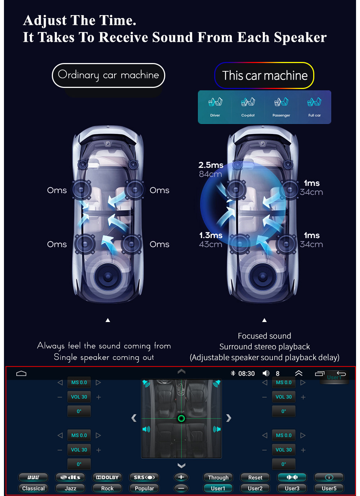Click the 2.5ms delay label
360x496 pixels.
click(x=211, y=165)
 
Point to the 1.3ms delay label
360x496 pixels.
click(x=211, y=235)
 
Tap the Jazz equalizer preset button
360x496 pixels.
click(x=70, y=488)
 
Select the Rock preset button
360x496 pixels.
click(x=107, y=488)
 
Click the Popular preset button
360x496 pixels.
click(x=144, y=488)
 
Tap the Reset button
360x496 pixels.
click(x=255, y=477)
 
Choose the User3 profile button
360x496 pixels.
click(x=292, y=488)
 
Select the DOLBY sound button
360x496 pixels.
click(x=107, y=477)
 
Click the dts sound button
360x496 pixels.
click(x=70, y=477)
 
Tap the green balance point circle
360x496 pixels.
click(x=181, y=418)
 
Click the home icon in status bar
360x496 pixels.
click(x=21, y=374)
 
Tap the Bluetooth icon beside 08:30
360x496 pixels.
click(x=233, y=373)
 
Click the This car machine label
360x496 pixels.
click(x=264, y=76)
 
